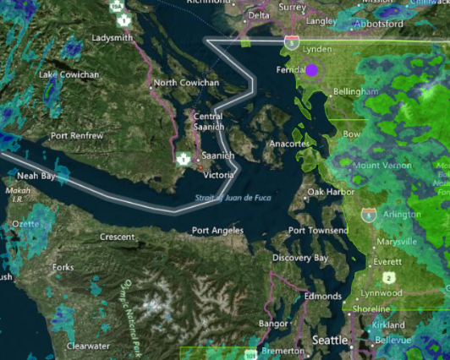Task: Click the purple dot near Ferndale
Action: pos(311,71)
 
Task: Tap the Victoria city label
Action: pos(219,176)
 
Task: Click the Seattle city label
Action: pos(330,340)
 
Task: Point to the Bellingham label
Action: pos(354,91)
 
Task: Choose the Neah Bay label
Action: pos(36,176)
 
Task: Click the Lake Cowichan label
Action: pos(69,74)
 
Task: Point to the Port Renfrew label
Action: pos(76,135)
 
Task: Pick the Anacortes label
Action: pos(289,144)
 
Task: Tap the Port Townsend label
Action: pos(317,231)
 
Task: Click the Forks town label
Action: pos(62,267)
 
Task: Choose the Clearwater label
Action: pos(88,346)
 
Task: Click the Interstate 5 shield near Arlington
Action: pos(368,215)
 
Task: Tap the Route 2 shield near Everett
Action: pos(388,277)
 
